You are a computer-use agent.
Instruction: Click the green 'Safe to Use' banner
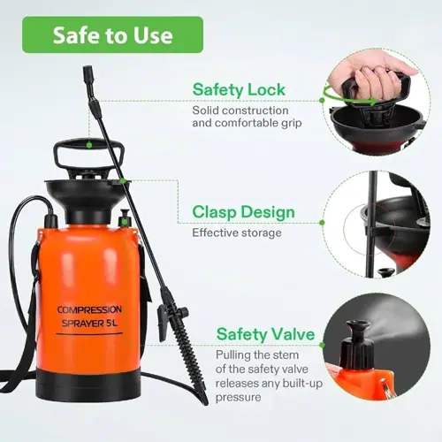click(x=112, y=34)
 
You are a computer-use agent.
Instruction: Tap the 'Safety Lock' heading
click(x=239, y=89)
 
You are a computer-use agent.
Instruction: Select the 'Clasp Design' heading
click(x=243, y=212)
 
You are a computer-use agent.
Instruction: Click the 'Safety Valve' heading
click(x=265, y=334)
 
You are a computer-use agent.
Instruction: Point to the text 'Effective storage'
click(x=237, y=232)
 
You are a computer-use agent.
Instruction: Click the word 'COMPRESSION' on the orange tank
click(x=89, y=309)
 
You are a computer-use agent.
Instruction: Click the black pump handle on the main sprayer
click(x=88, y=153)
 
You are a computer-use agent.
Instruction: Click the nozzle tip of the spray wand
click(x=88, y=72)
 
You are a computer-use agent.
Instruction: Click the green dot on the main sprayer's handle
click(x=88, y=145)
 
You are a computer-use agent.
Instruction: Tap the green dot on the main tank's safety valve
click(x=125, y=222)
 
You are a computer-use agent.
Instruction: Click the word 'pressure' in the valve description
click(x=239, y=398)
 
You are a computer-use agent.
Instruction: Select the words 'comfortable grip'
click(x=258, y=123)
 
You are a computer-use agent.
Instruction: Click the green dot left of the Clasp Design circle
click(x=322, y=223)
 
